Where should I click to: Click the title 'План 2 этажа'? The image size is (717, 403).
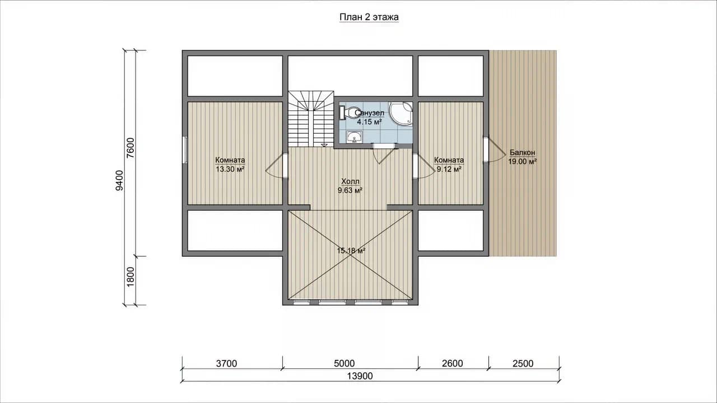coord(369,17)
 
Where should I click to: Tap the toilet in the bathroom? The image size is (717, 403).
coord(348,113)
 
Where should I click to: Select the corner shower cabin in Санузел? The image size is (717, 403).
coord(401,114)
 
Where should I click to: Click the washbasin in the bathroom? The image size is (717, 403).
coord(354,137)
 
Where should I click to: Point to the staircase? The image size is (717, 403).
coord(311,119)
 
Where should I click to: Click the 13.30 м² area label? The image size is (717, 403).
coord(230,169)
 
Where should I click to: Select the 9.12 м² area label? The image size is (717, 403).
coord(449,169)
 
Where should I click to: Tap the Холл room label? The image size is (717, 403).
coord(350,182)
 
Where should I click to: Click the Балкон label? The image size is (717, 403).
coord(523,153)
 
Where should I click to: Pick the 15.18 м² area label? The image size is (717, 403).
coord(351,250)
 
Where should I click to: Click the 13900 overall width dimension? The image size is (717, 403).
coord(360,376)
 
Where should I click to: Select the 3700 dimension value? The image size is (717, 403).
coord(227,363)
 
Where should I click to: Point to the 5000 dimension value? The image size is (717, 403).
coord(344,363)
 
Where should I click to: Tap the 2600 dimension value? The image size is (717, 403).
coord(453,363)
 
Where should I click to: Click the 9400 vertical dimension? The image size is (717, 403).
coord(119,180)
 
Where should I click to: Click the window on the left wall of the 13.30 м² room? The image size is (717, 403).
coord(185,150)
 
